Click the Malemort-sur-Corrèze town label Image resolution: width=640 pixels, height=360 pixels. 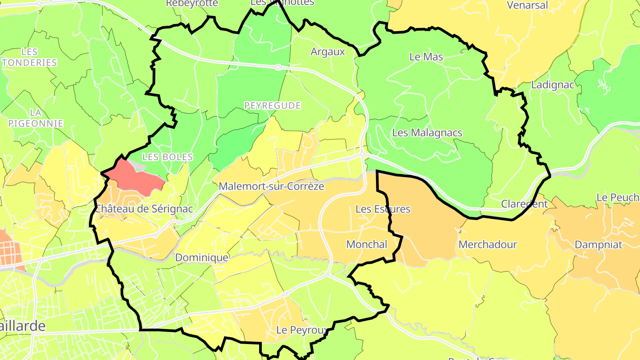(x=272, y=186)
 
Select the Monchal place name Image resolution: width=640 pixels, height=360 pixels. (x=367, y=244)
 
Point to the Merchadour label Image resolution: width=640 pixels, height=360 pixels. (x=488, y=244)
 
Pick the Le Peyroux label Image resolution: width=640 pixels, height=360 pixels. (x=302, y=330)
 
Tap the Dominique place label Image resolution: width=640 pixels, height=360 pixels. (x=202, y=258)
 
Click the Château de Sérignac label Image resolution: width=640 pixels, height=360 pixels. (x=144, y=208)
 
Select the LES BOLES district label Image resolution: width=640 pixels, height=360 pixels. (x=168, y=157)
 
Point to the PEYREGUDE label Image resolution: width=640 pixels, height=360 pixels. (x=272, y=106)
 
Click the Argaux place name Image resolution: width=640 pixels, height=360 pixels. (x=328, y=52)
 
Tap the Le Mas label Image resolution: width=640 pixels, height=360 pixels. (x=426, y=57)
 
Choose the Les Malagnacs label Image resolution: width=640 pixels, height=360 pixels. (x=427, y=132)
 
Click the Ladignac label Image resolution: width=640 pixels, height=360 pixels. (x=553, y=85)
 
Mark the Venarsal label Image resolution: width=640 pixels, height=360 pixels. (x=528, y=5)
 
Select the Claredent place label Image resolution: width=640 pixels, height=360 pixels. (x=524, y=204)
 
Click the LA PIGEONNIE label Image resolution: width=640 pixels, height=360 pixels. (x=36, y=118)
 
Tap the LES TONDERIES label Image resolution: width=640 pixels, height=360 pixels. (x=29, y=57)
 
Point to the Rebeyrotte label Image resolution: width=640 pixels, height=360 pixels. (x=192, y=4)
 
